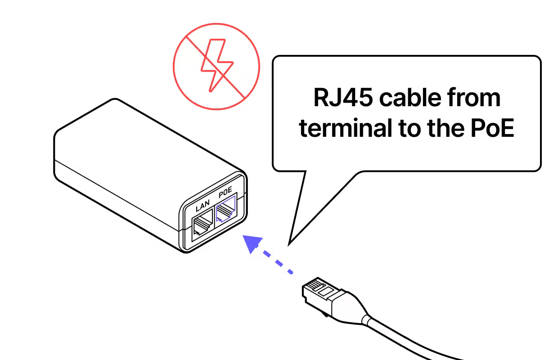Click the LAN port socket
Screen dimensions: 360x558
pyautogui.click(x=202, y=225)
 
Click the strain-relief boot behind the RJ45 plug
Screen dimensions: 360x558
pyautogui.click(x=351, y=308)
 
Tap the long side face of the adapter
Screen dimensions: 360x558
pyautogui.click(x=117, y=198)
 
